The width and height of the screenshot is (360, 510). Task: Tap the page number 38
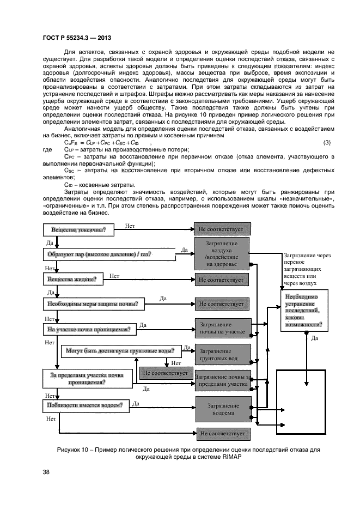pos(45,472)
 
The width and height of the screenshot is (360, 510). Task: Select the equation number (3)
pos(327,143)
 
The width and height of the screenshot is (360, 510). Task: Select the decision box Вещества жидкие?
pos(72,280)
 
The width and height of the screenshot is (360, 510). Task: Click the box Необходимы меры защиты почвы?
pos(93,304)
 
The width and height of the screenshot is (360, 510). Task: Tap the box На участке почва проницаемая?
pos(89,330)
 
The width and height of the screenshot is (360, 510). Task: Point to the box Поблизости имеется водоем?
pos(85,405)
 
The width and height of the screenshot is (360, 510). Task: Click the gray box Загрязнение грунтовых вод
pos(222,355)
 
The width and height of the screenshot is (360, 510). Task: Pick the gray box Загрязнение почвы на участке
pos(222,329)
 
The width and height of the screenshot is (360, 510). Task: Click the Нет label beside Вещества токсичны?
pos(130,225)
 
